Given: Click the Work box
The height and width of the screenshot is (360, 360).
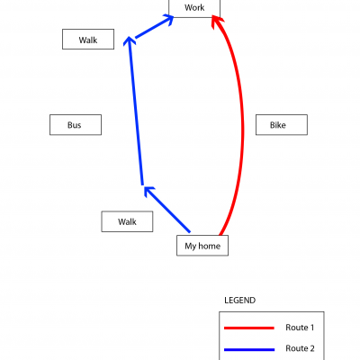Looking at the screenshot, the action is coord(194,8).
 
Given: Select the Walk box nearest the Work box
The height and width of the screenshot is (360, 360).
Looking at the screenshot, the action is coord(88,40).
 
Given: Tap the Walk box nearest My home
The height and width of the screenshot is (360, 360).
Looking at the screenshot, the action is coord(127,221).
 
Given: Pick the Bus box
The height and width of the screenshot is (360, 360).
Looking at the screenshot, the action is coord(76,125).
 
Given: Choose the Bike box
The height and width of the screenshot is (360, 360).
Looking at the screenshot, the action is coord(282,125).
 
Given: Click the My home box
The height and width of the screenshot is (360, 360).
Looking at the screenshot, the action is coord(202,246).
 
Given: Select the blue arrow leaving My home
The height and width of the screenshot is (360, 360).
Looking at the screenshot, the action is coord(166,210).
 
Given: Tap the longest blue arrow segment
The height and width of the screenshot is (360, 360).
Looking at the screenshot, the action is coord(136,111).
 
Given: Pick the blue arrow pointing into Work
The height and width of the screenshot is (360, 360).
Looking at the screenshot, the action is coord(155,27).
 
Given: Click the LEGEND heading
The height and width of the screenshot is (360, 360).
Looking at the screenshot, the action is coord(240,301).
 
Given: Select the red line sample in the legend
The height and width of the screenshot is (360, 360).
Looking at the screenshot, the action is coord(249,328).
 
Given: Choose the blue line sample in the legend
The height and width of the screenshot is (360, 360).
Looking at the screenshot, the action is coord(249,349).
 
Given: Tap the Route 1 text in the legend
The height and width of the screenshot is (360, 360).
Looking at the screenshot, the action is coord(300,328).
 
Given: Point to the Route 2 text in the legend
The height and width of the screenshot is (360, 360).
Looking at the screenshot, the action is coord(300,348).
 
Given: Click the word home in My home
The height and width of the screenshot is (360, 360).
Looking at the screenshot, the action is coord(210,246).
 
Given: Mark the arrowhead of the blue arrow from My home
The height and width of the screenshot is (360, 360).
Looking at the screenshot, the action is coord(148,192).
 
